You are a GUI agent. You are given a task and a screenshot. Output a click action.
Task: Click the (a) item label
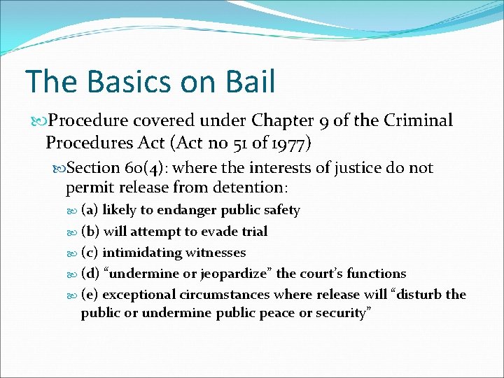90,210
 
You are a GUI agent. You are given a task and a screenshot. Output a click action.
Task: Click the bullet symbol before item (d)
73,274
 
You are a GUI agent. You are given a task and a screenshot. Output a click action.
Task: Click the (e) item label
90,294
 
